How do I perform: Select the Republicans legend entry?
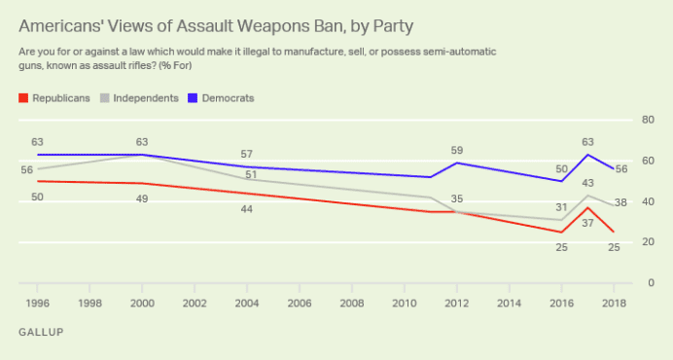[55, 98]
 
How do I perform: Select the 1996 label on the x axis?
[38, 304]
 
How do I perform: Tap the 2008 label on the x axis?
[352, 304]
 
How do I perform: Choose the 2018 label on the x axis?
[614, 304]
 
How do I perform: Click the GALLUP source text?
[41, 333]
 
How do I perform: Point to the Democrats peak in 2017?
[587, 155]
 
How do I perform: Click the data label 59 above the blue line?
[457, 151]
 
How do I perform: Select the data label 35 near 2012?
[457, 198]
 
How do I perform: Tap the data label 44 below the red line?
[247, 209]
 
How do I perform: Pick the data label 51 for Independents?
[250, 175]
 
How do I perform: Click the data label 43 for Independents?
[587, 183]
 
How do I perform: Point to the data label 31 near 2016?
[561, 206]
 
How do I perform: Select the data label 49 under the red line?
[142, 198]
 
